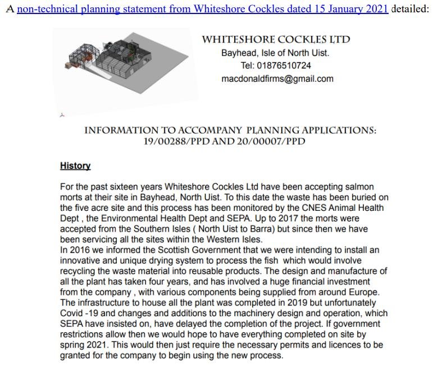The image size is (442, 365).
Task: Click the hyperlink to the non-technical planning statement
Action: (x=202, y=9)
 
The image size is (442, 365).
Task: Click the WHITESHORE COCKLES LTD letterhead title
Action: (x=276, y=39)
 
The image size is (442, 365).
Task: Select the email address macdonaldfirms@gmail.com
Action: (x=277, y=78)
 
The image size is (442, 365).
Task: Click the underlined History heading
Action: (x=75, y=166)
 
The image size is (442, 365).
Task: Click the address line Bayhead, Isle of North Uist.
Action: (x=275, y=53)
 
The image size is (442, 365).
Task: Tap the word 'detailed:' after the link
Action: (x=410, y=9)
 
